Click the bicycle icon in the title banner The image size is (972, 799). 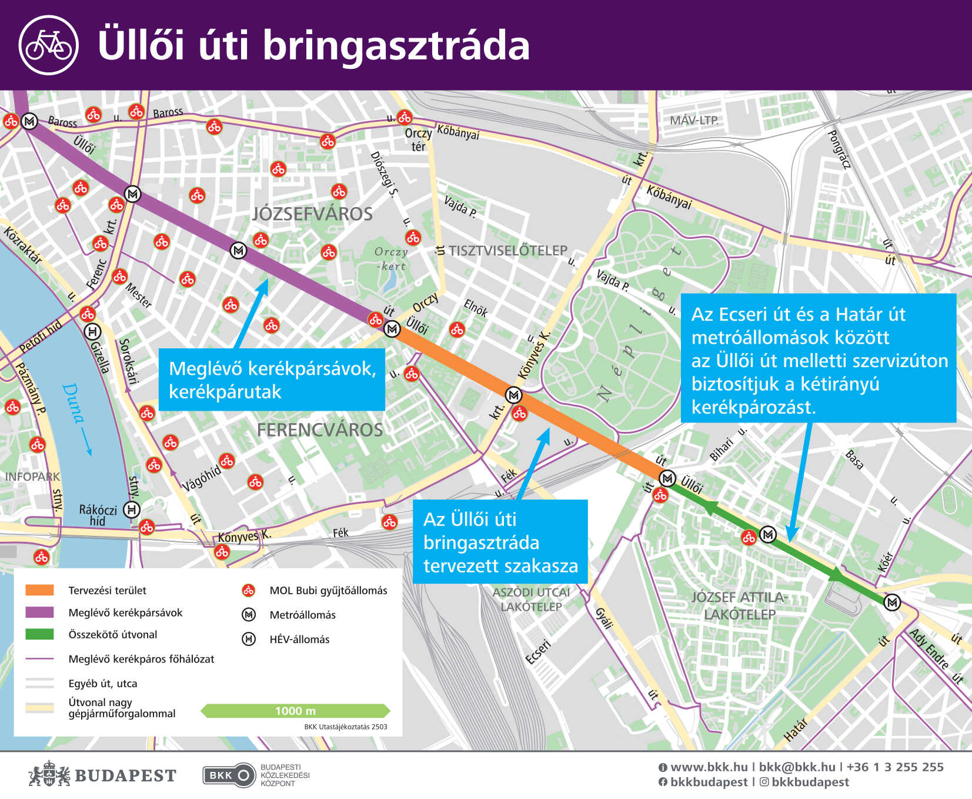[48, 45]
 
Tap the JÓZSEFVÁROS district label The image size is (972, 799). [312, 214]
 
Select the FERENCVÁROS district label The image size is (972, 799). [320, 430]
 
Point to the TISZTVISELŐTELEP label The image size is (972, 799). [507, 251]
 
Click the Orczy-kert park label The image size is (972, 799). [391, 259]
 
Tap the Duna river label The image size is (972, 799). [72, 403]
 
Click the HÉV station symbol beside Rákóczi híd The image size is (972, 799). [132, 510]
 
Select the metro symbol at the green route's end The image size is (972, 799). [892, 602]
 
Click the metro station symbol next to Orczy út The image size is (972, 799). [392, 329]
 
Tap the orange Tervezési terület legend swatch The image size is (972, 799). [39, 590]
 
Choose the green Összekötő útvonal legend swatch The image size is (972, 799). [39, 634]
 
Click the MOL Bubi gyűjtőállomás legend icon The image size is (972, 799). [249, 590]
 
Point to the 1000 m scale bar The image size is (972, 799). [295, 711]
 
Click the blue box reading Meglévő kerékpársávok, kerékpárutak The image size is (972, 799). [272, 380]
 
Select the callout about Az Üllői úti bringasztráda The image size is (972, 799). [500, 542]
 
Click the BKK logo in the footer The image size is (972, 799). [229, 775]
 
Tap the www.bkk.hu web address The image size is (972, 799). [709, 767]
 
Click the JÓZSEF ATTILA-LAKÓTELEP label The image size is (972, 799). [739, 605]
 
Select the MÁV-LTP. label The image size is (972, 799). [694, 121]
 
